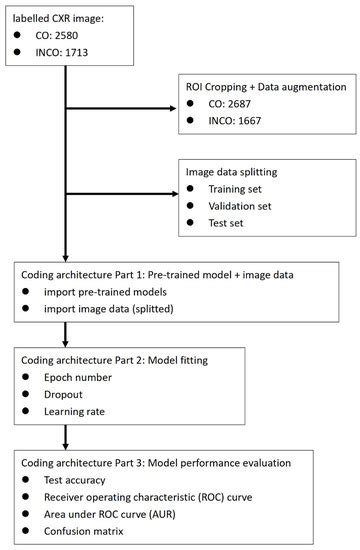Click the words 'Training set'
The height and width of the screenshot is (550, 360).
pyautogui.click(x=241, y=189)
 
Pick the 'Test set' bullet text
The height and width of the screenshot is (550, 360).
pyautogui.click(x=231, y=228)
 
